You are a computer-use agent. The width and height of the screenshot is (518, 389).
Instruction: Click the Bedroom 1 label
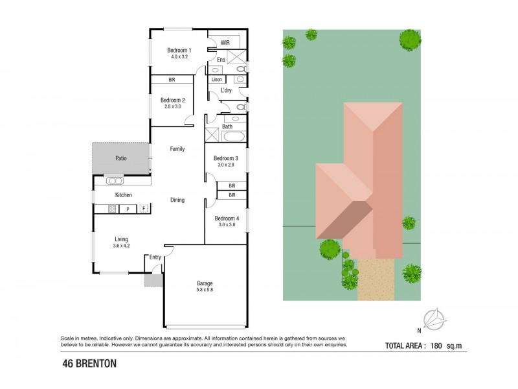pos(179,50)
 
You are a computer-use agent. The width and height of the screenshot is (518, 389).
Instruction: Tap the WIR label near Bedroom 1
pos(225,42)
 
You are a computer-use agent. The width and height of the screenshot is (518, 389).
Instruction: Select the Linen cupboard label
pos(217,80)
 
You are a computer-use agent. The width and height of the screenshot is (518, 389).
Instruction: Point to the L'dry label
pos(226,90)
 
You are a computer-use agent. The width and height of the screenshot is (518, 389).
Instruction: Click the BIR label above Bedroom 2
pos(172,80)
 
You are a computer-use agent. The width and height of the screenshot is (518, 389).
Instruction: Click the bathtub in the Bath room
pos(234,137)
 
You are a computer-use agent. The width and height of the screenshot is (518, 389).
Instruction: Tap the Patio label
pos(121,158)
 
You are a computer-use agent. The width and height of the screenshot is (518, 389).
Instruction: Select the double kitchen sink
pos(115,181)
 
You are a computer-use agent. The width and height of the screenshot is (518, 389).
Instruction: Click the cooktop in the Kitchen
pos(112,209)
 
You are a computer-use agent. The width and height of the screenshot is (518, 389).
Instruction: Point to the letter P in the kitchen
pos(128,209)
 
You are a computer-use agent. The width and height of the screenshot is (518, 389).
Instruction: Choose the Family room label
pos(177,148)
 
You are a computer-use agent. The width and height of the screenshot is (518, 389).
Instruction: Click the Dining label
pos(177,200)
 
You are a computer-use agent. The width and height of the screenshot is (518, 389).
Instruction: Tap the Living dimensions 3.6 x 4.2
pos(122,246)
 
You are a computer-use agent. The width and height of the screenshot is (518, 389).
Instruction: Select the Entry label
pos(155,257)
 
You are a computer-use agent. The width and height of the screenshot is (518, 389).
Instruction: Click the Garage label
pos(205,284)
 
